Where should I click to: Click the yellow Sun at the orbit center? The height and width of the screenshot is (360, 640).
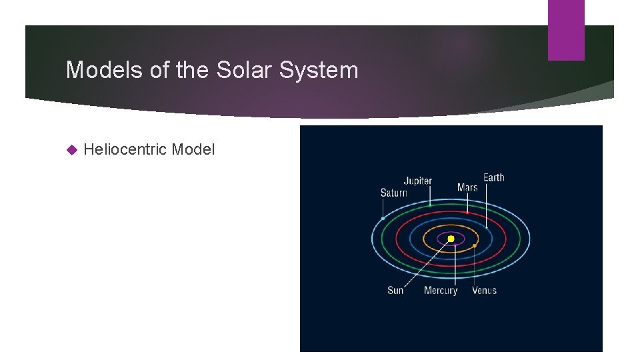click(x=451, y=239)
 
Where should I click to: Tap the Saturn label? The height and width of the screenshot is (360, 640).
click(x=393, y=193)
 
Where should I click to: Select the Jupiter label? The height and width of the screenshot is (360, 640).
click(x=417, y=181)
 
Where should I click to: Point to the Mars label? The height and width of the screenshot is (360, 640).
click(x=467, y=187)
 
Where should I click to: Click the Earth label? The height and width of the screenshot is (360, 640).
click(x=493, y=177)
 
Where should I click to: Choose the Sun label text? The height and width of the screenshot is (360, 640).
click(x=395, y=290)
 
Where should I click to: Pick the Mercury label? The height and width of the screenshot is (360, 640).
click(x=441, y=290)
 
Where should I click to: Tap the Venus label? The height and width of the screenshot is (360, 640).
click(x=484, y=290)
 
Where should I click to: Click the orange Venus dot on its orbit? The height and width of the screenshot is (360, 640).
click(x=475, y=246)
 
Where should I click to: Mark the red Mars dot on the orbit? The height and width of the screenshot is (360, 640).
click(x=467, y=213)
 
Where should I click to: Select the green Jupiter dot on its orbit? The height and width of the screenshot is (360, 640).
click(x=430, y=205)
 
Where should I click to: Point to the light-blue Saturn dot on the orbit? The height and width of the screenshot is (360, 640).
click(x=383, y=218)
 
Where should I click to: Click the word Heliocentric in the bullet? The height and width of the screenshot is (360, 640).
click(x=125, y=149)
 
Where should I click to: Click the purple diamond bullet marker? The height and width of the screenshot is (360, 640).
click(x=73, y=150)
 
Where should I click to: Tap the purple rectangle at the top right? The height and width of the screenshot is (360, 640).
click(x=565, y=30)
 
